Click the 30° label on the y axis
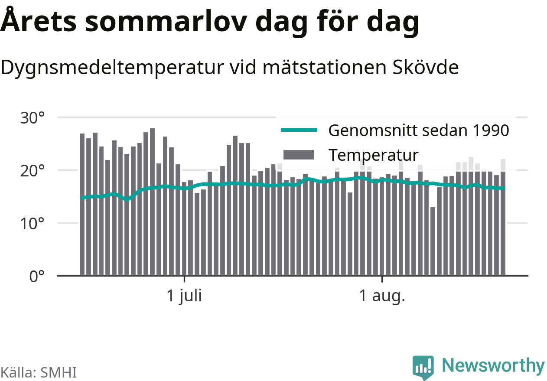point(32,118)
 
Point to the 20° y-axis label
point(32,171)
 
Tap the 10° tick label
point(32,224)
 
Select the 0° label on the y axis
point(37,277)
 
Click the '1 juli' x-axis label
point(184,296)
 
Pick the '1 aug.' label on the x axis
point(382,296)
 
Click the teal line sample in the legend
point(299,130)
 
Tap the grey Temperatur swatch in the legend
point(299,155)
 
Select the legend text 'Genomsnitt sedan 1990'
point(419,130)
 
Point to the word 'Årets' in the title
point(38,20)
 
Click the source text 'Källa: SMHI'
point(39,372)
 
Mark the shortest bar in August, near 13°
point(433,241)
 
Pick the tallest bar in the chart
point(153,202)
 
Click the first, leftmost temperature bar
point(82,205)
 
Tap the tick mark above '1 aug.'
point(382,279)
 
